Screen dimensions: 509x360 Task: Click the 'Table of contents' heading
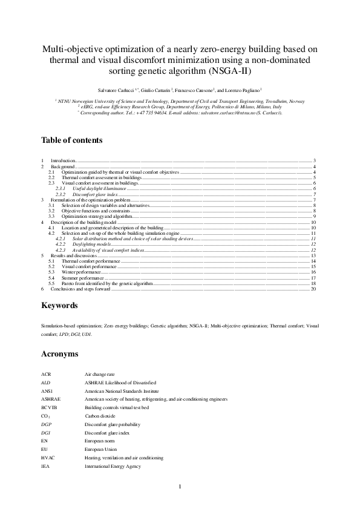(x=71, y=140)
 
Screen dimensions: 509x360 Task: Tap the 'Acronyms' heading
(x=61, y=353)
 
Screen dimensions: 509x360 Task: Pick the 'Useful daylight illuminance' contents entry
(x=95, y=189)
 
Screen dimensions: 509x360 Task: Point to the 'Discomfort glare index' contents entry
(x=91, y=194)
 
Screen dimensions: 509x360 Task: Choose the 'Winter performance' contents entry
(x=82, y=272)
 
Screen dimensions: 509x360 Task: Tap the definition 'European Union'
(x=100, y=450)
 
